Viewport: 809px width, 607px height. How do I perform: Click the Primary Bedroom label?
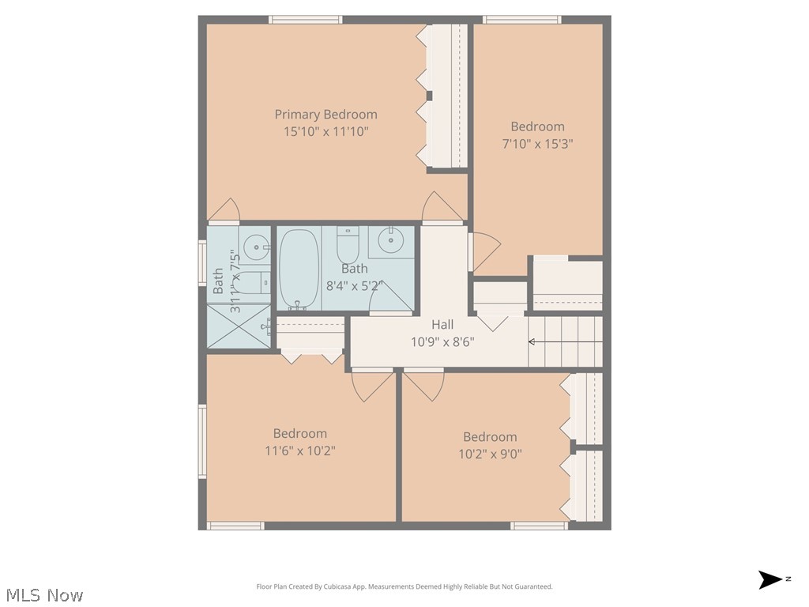325,115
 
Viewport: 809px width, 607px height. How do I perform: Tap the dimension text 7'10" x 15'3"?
537,144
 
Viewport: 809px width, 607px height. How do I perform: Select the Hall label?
442,325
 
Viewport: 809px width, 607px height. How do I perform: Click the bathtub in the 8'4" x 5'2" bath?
299,269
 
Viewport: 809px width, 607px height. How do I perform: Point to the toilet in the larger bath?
348,243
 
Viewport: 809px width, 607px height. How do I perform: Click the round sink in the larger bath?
390,239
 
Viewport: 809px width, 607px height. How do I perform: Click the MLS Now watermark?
44,595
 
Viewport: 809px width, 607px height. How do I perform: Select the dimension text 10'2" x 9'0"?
490,454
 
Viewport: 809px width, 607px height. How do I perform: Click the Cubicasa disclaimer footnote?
404,586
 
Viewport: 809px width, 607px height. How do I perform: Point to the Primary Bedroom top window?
305,20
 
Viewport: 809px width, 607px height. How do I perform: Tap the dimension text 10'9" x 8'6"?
442,342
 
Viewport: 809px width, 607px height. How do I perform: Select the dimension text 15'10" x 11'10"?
325,132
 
